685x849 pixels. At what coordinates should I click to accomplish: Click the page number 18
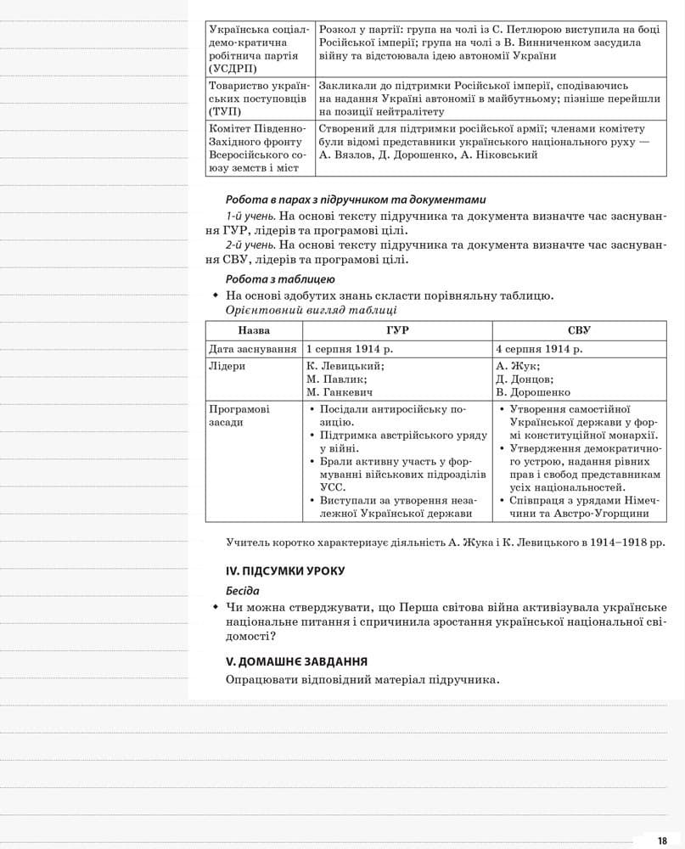tap(662, 840)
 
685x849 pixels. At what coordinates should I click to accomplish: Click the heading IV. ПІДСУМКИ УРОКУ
tap(285, 571)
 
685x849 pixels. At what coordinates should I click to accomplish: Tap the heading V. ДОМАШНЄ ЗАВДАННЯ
tap(296, 661)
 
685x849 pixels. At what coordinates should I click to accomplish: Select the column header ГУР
tap(396, 330)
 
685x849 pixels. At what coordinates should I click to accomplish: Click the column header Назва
tap(254, 330)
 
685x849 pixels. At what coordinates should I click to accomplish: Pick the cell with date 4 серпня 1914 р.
tap(539, 349)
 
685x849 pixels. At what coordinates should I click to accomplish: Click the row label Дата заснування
tap(253, 349)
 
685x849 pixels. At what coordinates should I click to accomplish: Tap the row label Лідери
tap(227, 366)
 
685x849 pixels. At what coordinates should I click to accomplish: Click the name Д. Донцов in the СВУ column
tap(525, 380)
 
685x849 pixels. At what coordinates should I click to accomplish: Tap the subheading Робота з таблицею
tap(280, 279)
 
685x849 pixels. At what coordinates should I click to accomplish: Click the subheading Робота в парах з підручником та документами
tap(356, 200)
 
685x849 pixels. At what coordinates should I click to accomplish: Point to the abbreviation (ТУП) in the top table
tap(225, 111)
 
